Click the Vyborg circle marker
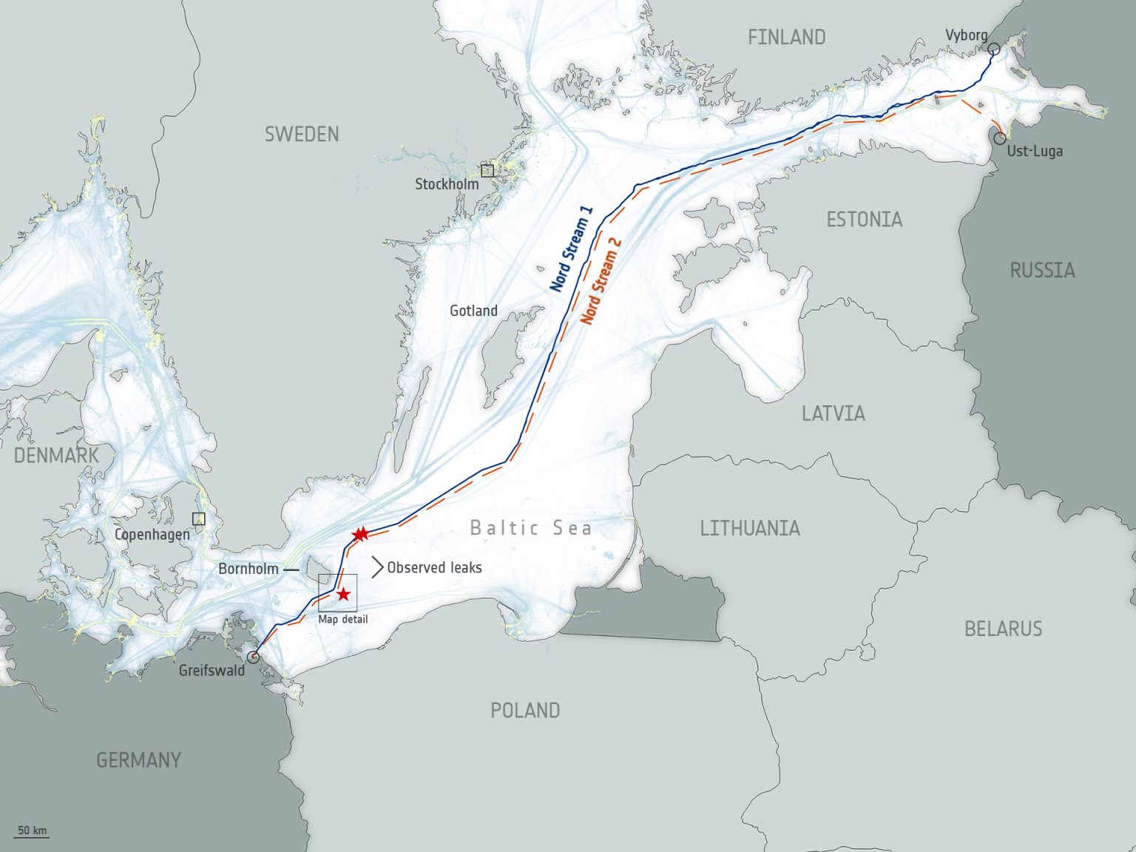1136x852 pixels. (993, 50)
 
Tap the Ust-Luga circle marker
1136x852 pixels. (999, 138)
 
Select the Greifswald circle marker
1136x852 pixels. (253, 657)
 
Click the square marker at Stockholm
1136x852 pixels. (487, 171)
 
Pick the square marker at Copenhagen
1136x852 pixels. (198, 518)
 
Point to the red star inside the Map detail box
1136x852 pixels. (343, 594)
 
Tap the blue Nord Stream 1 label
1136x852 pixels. (572, 249)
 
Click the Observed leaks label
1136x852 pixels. (434, 567)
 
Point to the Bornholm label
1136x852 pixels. (248, 569)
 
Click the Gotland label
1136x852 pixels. (473, 311)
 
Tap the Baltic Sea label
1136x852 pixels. (531, 527)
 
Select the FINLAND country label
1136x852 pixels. (786, 37)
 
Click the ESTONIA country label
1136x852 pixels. (864, 219)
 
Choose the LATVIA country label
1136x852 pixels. (833, 413)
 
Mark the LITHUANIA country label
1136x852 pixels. (750, 528)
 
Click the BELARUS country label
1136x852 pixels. (1003, 629)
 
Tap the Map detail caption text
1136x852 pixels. (342, 619)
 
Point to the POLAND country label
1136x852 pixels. (525, 710)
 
